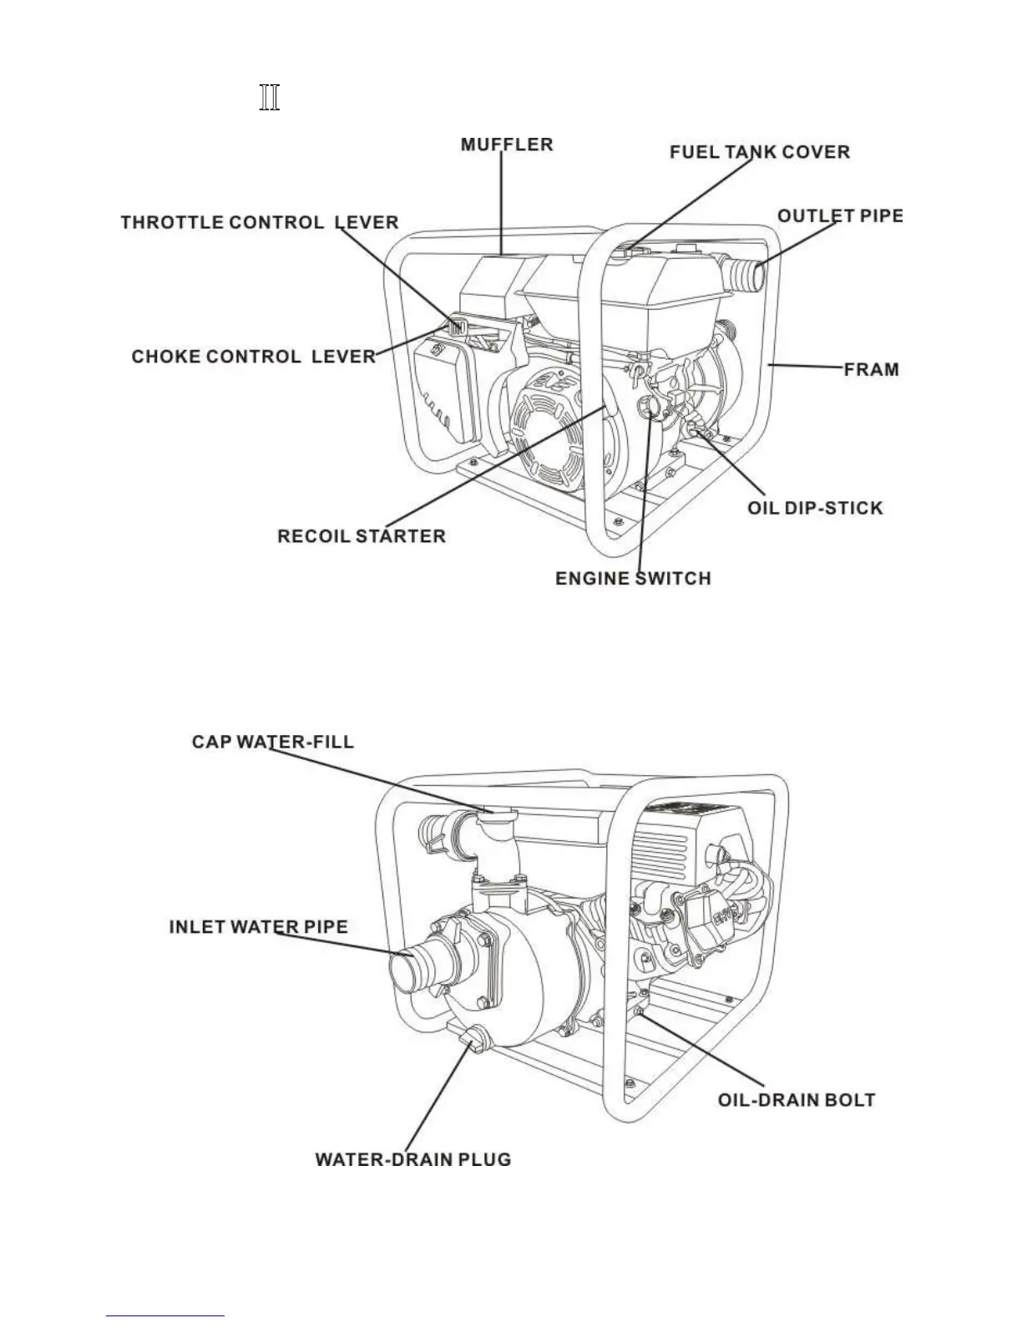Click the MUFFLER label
click(x=506, y=144)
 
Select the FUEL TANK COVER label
click(x=760, y=152)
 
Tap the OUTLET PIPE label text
click(x=839, y=215)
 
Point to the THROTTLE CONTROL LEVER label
click(x=259, y=223)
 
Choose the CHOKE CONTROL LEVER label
click(x=253, y=357)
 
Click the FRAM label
click(x=871, y=368)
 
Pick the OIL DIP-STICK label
click(x=814, y=508)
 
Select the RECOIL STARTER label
click(x=361, y=535)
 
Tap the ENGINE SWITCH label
click(x=633, y=578)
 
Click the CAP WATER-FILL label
click(x=272, y=742)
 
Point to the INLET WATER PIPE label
click(x=258, y=926)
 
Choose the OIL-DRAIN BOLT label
click(x=797, y=1099)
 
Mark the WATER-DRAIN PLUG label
click(x=412, y=1160)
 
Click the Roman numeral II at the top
click(x=269, y=98)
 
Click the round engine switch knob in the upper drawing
click(x=649, y=408)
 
